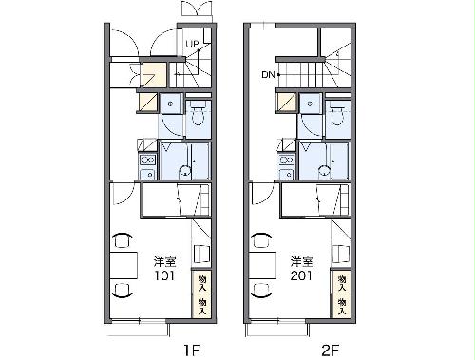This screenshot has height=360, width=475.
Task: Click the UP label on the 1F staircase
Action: point(192,44)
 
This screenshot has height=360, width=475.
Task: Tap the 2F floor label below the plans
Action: point(330,350)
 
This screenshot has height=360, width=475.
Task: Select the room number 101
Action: point(164,275)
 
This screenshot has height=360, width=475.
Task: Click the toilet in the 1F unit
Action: point(197,117)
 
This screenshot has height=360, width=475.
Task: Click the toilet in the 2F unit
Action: point(335,117)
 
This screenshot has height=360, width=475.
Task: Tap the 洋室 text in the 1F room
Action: point(164,260)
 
